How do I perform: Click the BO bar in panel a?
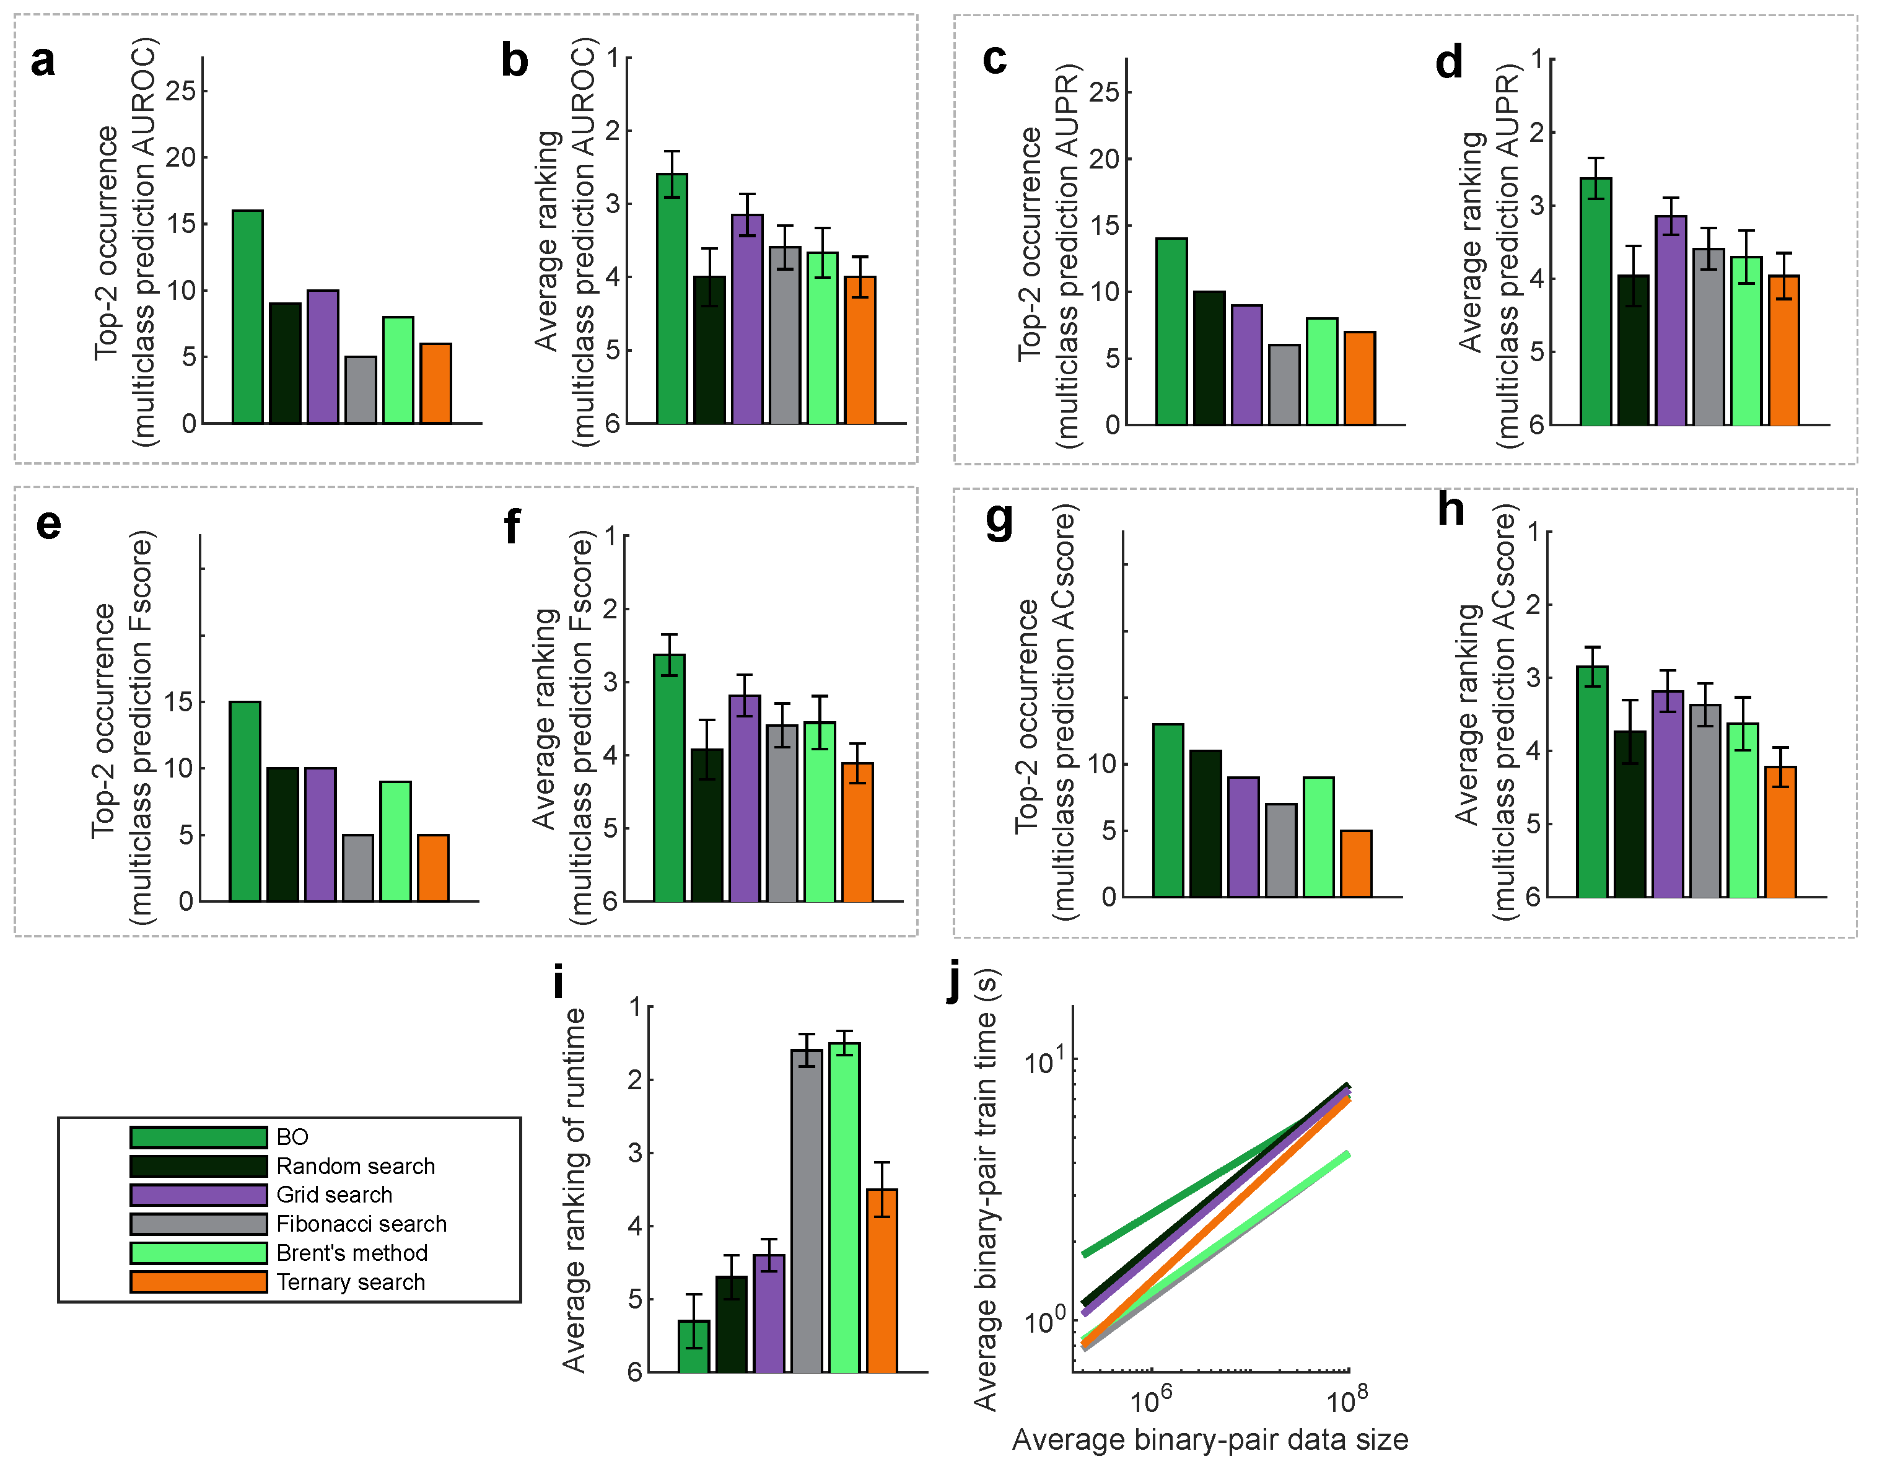[x=248, y=317]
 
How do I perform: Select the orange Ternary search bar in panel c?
[x=1360, y=379]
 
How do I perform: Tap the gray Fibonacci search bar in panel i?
[x=807, y=1211]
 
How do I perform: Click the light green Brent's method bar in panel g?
[x=1319, y=838]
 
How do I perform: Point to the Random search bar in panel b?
[x=709, y=350]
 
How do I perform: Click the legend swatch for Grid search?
[x=199, y=1195]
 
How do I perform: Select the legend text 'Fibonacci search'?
[x=361, y=1224]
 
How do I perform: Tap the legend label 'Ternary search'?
[x=351, y=1283]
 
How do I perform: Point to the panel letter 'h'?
[x=1451, y=509]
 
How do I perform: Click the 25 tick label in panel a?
[x=180, y=90]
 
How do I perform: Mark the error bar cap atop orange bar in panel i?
[x=882, y=1163]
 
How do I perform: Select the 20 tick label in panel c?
[x=1104, y=159]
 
